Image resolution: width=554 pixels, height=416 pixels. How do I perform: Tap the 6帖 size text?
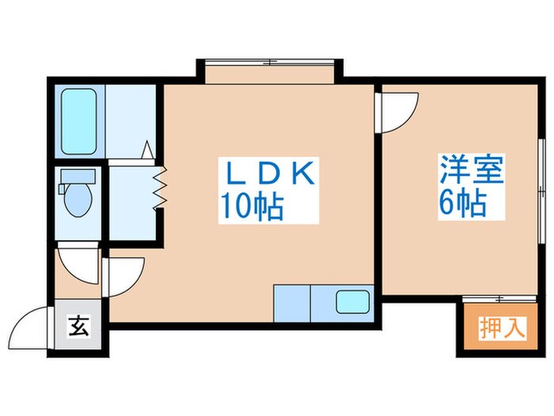[x=462, y=205]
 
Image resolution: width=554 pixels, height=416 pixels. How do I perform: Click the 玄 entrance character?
[x=79, y=325]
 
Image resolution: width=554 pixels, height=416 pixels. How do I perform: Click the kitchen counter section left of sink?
[x=293, y=301]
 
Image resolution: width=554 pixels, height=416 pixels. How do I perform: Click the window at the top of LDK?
[x=270, y=62]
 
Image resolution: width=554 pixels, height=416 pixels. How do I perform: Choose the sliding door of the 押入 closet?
[x=493, y=299]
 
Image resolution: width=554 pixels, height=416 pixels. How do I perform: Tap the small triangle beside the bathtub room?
[x=147, y=149]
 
